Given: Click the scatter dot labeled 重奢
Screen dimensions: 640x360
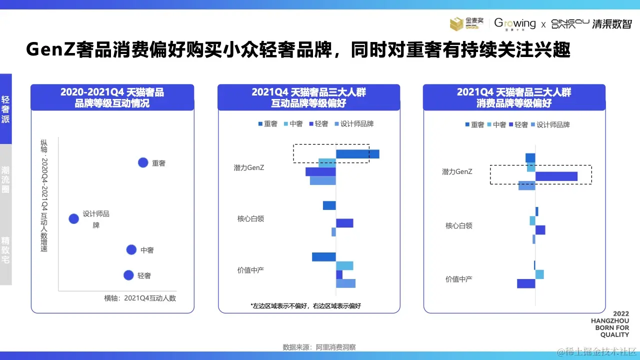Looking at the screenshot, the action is [x=143, y=162].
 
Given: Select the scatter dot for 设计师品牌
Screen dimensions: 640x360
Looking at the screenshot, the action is [x=73, y=218].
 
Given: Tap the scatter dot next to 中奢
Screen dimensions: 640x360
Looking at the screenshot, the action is [x=131, y=249].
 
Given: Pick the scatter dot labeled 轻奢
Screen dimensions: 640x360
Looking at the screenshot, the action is [x=128, y=275].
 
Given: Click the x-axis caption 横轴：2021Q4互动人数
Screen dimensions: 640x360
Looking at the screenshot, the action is [x=140, y=298].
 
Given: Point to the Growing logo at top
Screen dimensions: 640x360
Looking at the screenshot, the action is [x=515, y=23].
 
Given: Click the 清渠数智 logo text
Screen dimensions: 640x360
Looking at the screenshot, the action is [x=612, y=24].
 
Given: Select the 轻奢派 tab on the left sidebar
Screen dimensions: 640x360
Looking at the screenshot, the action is [x=5, y=109].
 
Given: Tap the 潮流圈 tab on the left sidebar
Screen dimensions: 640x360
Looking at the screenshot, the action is [x=5, y=179].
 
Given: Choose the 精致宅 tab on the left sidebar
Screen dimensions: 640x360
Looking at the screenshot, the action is [x=5, y=250].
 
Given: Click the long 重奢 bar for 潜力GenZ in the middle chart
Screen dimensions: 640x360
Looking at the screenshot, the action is [x=357, y=154].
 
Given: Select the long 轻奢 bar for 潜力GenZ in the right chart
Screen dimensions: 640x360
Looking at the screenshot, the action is [x=556, y=176].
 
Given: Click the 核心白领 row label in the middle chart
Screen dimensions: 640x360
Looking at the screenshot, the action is [x=250, y=218].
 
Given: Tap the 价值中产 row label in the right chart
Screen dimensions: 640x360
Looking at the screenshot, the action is [x=458, y=279].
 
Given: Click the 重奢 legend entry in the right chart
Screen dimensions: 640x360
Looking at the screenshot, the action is [x=474, y=124].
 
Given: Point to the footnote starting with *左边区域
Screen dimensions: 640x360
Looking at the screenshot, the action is [x=305, y=305].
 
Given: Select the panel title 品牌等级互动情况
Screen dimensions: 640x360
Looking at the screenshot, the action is [x=112, y=103].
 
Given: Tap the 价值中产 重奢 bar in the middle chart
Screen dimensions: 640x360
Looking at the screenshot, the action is [x=323, y=256].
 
